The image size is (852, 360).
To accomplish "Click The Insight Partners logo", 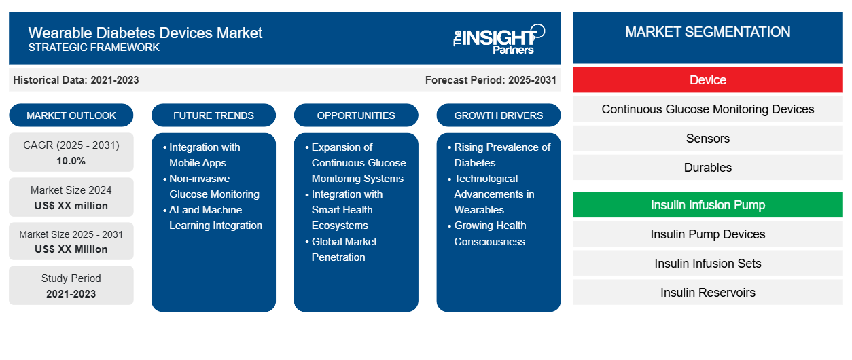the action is (x=499, y=39).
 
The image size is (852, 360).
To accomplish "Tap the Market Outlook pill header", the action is (x=71, y=115).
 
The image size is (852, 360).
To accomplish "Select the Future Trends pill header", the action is (x=213, y=115).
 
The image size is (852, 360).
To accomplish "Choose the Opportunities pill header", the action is (x=356, y=115).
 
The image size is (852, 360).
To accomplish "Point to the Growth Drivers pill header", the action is (x=498, y=115).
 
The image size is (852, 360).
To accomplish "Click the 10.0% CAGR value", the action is (x=71, y=161).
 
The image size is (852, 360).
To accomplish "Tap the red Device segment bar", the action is (x=708, y=80).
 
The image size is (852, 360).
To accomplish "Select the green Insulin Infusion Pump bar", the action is (x=708, y=204).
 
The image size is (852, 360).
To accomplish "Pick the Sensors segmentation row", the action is (x=708, y=139).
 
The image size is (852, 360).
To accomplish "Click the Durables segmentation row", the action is (x=708, y=168).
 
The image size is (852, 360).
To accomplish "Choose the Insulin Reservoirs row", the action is (x=708, y=292).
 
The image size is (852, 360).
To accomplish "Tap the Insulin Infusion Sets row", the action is (x=708, y=263).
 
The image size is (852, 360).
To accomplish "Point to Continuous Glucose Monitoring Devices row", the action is (x=708, y=109).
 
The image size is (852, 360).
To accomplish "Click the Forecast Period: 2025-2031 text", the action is (x=491, y=80).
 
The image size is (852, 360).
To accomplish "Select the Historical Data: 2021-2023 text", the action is (x=76, y=80).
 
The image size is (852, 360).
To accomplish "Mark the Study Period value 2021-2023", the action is (x=71, y=294).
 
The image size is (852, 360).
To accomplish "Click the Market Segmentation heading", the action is (x=708, y=32).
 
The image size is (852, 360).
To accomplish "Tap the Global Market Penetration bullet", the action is (x=342, y=249).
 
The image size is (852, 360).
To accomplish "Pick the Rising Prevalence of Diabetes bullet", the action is (x=499, y=155).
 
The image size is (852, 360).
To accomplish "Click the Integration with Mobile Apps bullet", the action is (x=202, y=155).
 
